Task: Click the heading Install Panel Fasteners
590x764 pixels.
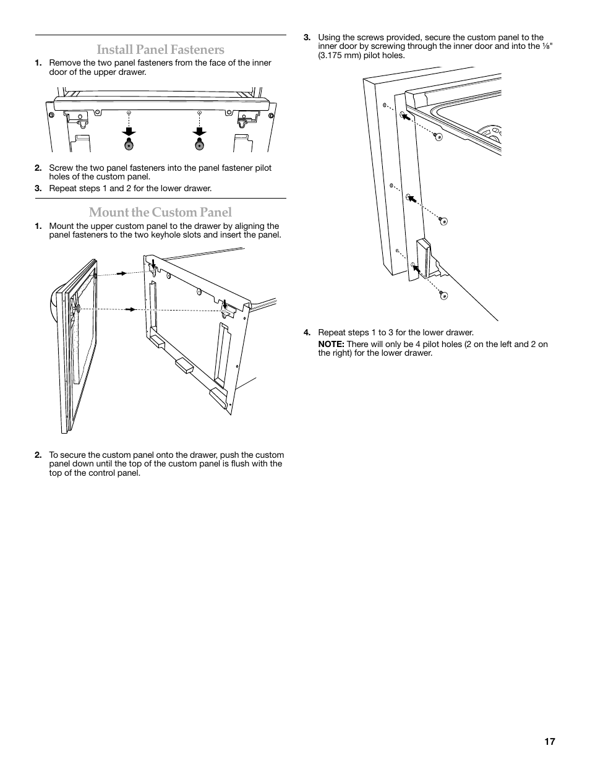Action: (160, 49)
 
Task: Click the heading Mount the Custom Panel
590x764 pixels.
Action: (160, 212)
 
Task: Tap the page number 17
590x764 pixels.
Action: (550, 742)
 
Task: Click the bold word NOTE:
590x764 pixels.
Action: (331, 345)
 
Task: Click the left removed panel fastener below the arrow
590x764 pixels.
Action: (129, 145)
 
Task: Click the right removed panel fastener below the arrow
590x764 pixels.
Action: (199, 145)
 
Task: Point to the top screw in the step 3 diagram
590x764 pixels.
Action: (438, 137)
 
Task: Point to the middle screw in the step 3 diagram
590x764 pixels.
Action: (443, 221)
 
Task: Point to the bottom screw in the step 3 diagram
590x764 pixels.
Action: (443, 296)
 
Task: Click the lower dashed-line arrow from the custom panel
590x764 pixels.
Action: (130, 309)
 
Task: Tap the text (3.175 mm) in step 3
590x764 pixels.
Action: (341, 55)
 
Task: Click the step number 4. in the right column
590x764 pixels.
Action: (307, 333)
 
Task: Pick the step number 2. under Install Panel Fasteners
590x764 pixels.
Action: (38, 168)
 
